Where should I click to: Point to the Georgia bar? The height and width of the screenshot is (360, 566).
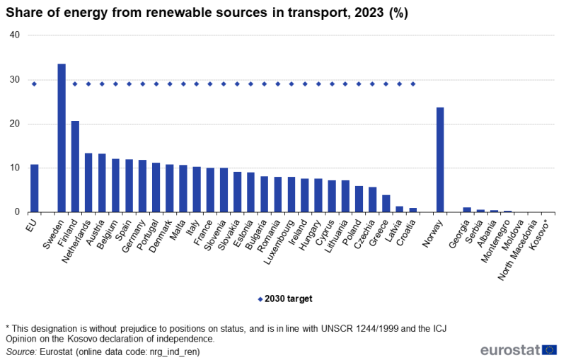[467, 209]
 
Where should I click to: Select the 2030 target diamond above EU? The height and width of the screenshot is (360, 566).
[34, 84]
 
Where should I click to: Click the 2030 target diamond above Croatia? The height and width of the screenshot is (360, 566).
[413, 84]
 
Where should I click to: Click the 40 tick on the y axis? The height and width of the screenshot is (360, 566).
[15, 35]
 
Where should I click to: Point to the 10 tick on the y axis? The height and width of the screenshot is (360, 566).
[15, 168]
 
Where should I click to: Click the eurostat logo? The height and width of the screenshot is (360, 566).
[518, 349]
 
